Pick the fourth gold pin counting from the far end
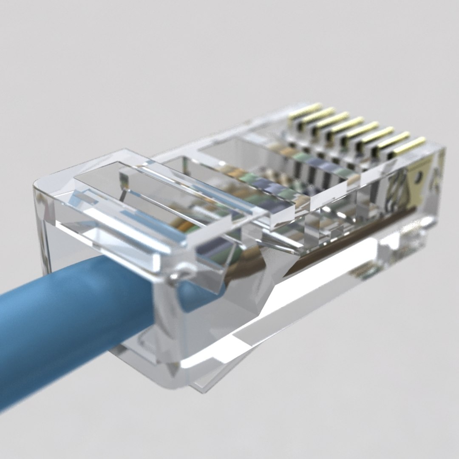(x=348, y=124)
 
